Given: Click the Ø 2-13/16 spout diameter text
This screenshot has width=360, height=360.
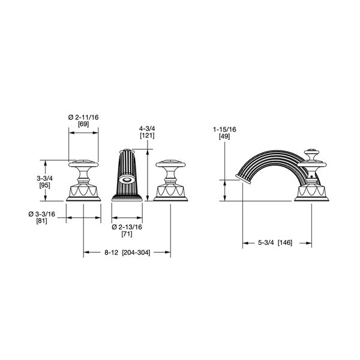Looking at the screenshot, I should (127, 226).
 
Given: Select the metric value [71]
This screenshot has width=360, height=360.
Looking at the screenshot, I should (127, 235).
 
